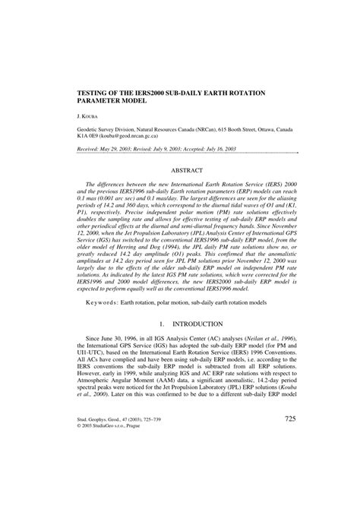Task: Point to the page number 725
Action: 290,462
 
